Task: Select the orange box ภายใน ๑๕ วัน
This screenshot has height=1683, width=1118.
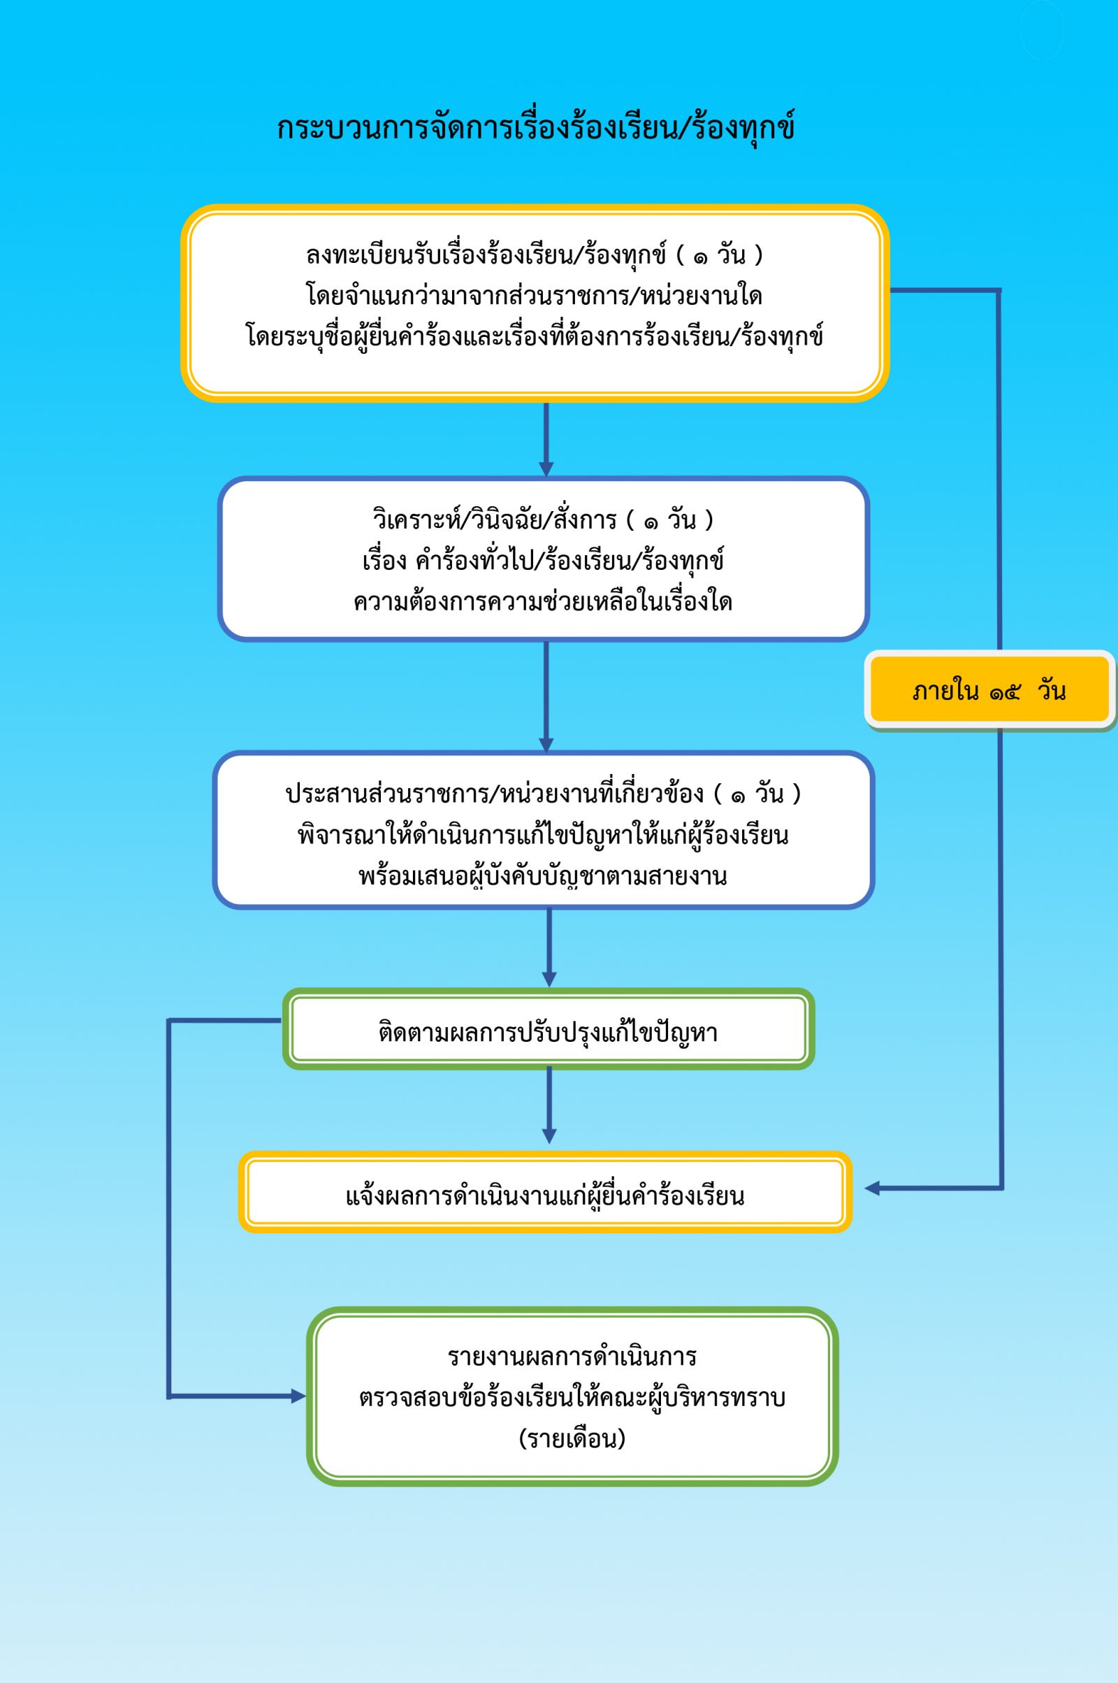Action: (x=989, y=690)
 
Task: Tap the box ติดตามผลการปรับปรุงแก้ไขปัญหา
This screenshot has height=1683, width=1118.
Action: (x=549, y=1029)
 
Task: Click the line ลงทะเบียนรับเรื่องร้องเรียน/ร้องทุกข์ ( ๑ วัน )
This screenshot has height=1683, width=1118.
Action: (x=535, y=255)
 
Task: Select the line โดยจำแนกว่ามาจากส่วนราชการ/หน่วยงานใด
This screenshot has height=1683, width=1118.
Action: (x=535, y=295)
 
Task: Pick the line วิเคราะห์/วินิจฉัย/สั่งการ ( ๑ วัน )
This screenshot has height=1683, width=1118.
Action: (x=544, y=519)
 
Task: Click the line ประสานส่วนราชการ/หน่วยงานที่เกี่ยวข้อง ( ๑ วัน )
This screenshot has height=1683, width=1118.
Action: (x=544, y=793)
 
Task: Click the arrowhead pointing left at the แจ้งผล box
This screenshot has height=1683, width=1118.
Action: (x=872, y=1189)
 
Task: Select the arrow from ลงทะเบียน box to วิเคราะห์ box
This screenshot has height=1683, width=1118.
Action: (x=546, y=439)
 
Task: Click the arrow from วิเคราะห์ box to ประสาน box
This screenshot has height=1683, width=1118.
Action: (x=546, y=696)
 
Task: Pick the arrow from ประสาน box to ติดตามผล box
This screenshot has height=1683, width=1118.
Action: (x=549, y=947)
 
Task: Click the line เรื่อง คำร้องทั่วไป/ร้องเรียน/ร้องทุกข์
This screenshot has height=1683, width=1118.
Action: (x=544, y=560)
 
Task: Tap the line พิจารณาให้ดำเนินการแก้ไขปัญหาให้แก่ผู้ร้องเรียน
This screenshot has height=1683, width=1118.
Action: (x=544, y=834)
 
